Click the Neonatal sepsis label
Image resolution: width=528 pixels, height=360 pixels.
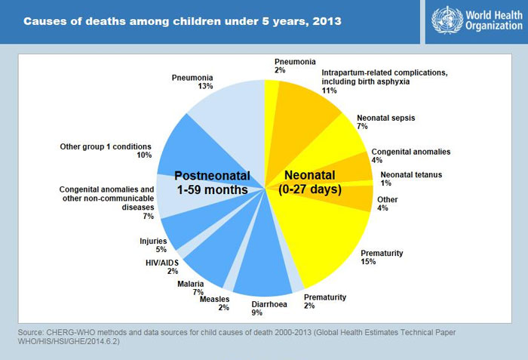coord(385,118)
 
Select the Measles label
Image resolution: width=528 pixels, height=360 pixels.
coord(215,299)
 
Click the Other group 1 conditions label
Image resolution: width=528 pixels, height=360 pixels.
coord(106,146)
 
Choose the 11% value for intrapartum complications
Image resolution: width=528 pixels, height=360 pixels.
coord(328,91)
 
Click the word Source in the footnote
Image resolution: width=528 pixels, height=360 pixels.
coord(32,333)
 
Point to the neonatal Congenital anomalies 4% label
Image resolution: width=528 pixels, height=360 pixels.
coord(411,152)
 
